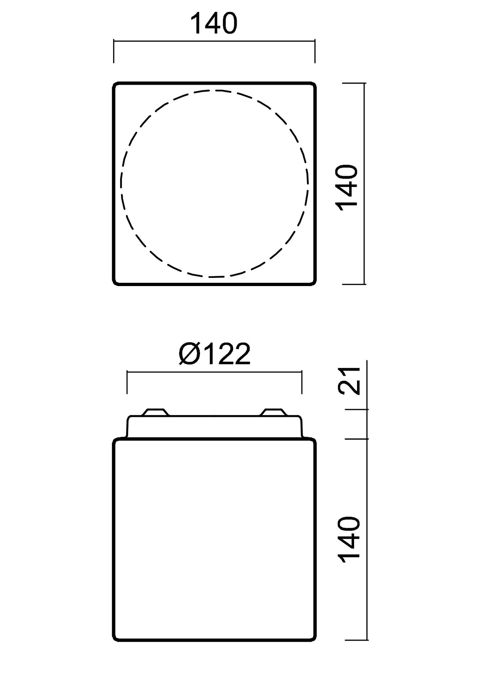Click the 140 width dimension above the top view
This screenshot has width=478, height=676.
pos(214,23)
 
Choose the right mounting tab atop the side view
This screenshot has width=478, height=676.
pos(273,412)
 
